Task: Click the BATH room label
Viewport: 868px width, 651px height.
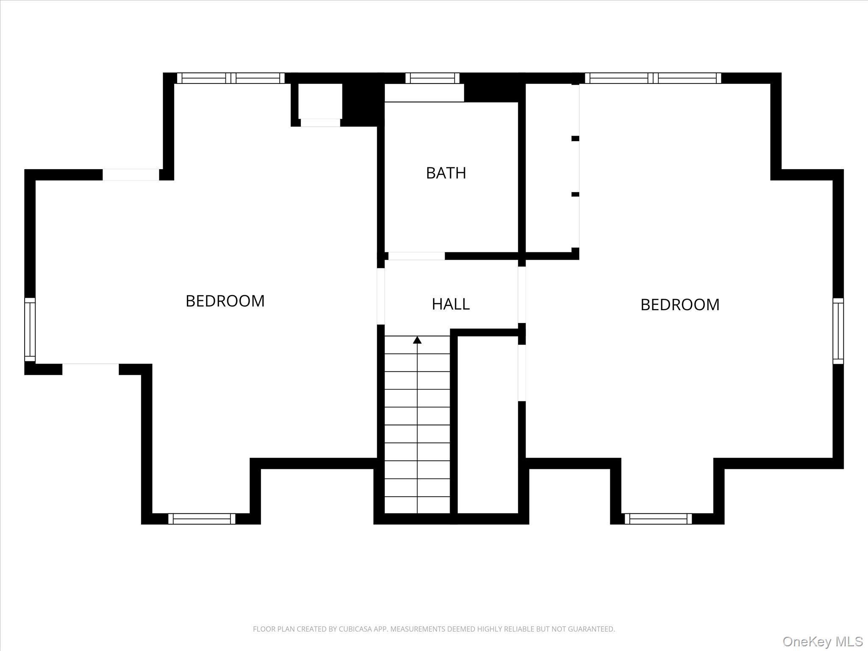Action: pos(446,173)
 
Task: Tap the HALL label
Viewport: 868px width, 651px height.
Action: pos(451,304)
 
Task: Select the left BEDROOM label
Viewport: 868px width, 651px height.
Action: pos(225,301)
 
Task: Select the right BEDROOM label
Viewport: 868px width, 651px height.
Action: pos(680,305)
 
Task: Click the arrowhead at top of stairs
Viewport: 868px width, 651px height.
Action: pos(417,340)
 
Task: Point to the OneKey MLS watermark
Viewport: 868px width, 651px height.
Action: pos(822,641)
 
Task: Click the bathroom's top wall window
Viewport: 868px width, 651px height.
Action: pos(432,78)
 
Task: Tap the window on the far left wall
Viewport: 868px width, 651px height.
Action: pos(30,329)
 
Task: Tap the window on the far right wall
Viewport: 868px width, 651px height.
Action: pos(838,331)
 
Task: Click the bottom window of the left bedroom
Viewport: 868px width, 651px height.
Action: pos(202,519)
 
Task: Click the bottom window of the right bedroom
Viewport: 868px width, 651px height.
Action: pos(658,519)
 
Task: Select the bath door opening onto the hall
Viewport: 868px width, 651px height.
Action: pos(417,256)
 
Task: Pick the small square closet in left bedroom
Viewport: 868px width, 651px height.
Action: pos(320,102)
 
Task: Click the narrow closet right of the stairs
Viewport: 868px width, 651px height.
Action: pos(488,424)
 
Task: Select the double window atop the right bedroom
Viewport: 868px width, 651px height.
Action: pos(653,78)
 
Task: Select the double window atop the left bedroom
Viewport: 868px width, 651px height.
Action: pos(231,78)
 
